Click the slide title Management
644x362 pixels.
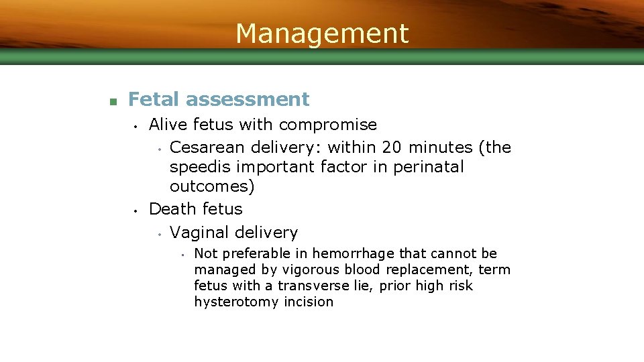[x=322, y=33]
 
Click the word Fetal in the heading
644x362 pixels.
[x=154, y=99]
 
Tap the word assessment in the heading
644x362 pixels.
[x=248, y=99]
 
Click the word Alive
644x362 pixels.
[x=168, y=125]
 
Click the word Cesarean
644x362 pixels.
[x=209, y=147]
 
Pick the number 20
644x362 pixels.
[x=392, y=147]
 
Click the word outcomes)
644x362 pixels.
[x=211, y=186]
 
